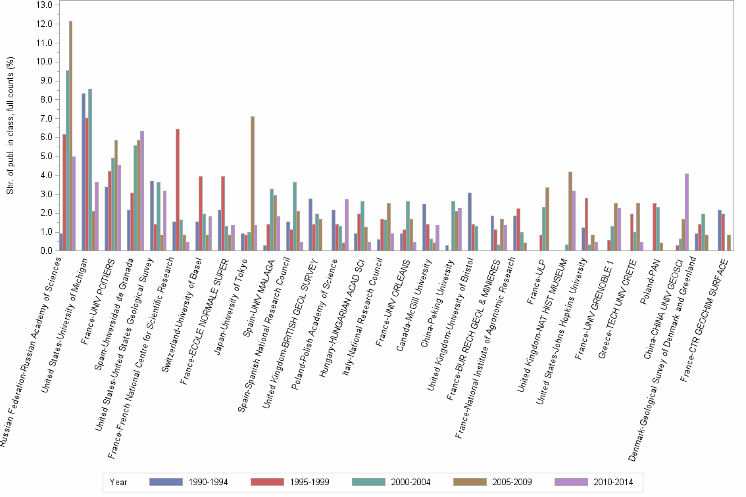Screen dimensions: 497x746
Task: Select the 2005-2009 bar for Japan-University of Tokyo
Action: point(253,183)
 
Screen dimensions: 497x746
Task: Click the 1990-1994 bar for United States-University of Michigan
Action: point(84,172)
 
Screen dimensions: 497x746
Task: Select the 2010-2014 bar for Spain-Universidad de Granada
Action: point(141,191)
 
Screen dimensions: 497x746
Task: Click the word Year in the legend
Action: point(118,482)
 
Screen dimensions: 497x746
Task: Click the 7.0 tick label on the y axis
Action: point(44,118)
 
